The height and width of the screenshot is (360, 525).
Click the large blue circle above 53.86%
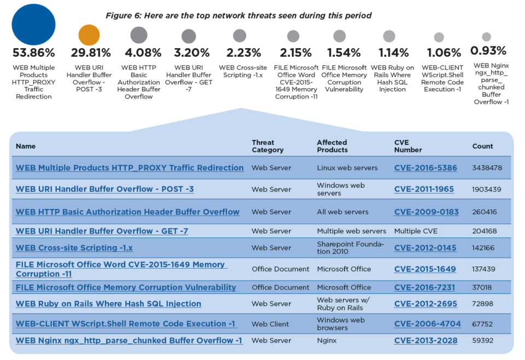[x=33, y=25]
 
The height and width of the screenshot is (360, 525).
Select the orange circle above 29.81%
[x=89, y=36]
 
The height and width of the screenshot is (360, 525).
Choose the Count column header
[x=482, y=146]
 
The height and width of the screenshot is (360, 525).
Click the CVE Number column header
[x=408, y=146]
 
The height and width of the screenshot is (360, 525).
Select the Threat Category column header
[x=267, y=146]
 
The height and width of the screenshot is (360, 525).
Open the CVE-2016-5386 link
[x=425, y=168]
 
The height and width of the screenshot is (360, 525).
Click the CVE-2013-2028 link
[x=425, y=340]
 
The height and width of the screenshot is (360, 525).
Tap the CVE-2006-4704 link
[x=427, y=324]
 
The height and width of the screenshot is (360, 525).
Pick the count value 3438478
[x=487, y=168]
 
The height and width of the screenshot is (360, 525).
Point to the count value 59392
[x=482, y=340]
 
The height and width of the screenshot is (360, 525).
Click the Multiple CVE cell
[x=416, y=231]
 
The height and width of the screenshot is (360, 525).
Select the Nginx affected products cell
[x=326, y=340]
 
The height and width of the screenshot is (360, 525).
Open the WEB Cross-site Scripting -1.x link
[x=74, y=248]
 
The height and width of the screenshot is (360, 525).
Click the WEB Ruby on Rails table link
[x=108, y=304]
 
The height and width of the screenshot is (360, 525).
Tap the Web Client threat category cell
[x=271, y=324]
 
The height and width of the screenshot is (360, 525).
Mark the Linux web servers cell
[x=347, y=168]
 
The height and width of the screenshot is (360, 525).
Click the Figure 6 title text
[x=238, y=15]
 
